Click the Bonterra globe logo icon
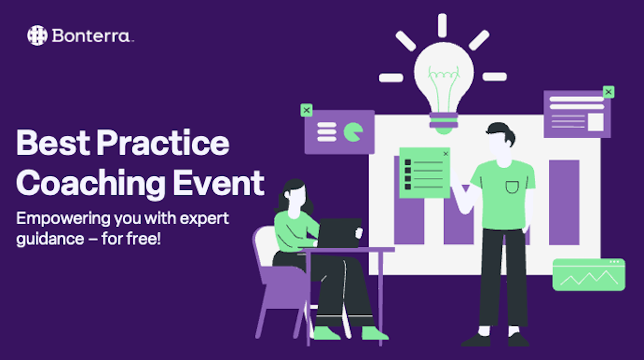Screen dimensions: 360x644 coord(37,36)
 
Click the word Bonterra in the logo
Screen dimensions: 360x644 coord(91,36)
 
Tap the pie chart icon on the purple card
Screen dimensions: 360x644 coord(353,132)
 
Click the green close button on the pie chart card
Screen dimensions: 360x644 coord(306,110)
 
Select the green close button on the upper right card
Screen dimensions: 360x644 coord(608,92)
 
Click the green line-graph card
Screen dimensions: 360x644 coord(589,275)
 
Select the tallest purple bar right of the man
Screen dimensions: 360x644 coord(563,202)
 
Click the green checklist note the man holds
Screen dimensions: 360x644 coord(424,173)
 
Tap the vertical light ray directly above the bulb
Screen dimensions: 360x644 coord(442,25)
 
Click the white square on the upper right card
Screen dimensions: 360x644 coord(595,122)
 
